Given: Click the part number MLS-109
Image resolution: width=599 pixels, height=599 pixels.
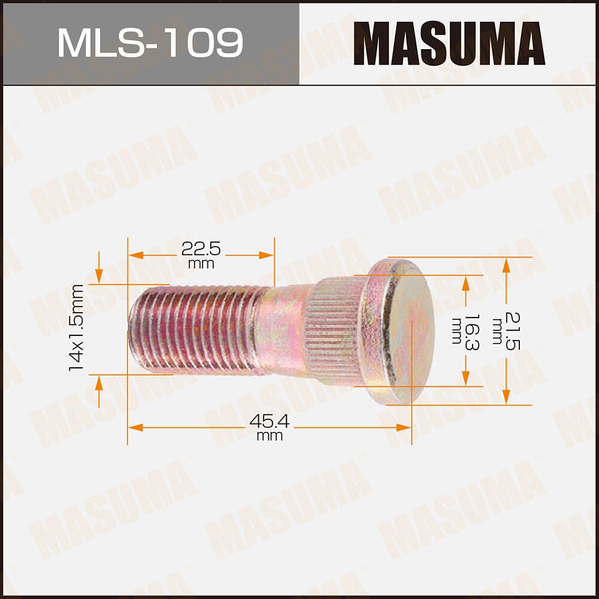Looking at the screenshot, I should click(x=150, y=43).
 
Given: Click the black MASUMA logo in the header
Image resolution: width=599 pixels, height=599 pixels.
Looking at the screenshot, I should click(x=449, y=43).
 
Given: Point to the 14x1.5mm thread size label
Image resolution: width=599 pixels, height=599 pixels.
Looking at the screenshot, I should click(x=76, y=328).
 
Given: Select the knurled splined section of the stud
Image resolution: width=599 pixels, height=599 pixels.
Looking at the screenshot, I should click(x=335, y=332).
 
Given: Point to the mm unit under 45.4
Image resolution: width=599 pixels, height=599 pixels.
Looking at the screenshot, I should click(x=270, y=437).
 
